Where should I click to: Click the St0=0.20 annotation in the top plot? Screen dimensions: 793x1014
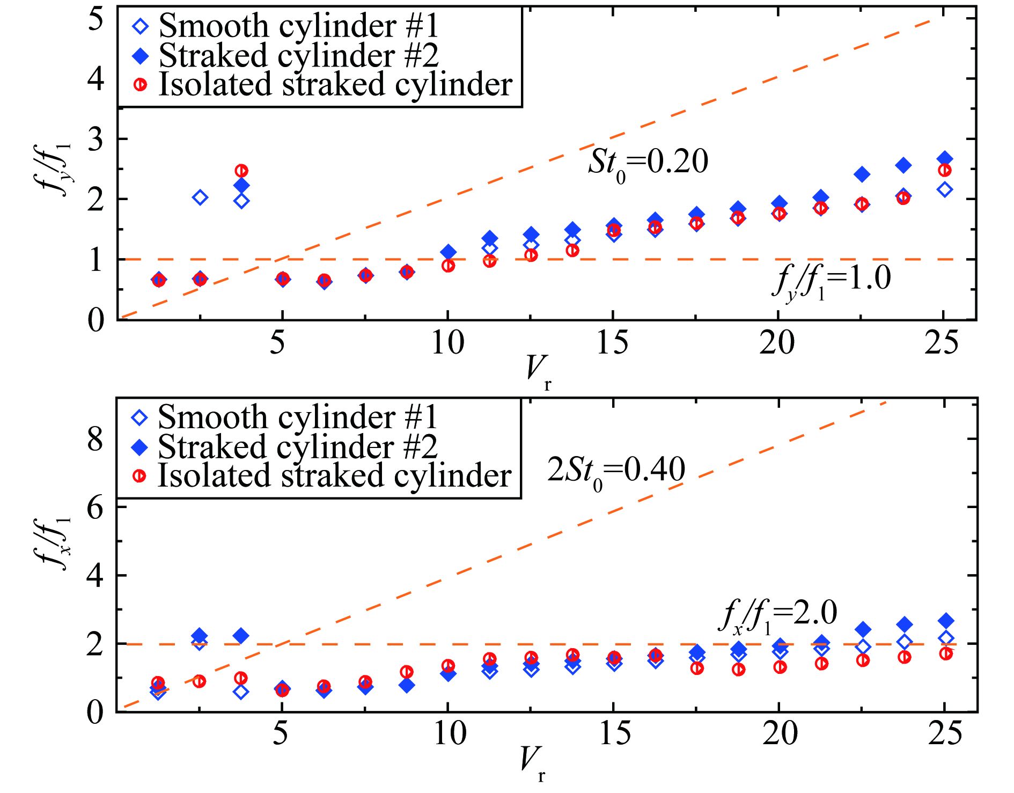point(648,162)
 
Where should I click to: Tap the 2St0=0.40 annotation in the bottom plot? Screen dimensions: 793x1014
point(616,470)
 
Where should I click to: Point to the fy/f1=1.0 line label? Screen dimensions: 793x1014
point(832,280)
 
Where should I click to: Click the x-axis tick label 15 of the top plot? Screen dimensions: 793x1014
point(612,343)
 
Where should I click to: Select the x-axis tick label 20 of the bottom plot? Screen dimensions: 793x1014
point(780,733)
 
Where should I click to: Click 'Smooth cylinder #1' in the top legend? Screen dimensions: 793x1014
point(298,26)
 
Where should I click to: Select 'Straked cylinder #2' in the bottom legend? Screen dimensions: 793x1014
point(297,446)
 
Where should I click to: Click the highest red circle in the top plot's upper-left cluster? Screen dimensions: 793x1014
point(241,171)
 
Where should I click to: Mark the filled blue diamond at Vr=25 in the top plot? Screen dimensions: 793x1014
point(945,159)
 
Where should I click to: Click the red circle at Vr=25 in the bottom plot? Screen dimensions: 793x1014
point(946,654)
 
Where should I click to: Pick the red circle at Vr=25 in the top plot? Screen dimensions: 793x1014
point(945,171)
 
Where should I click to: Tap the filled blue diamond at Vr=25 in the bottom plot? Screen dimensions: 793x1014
point(946,621)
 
